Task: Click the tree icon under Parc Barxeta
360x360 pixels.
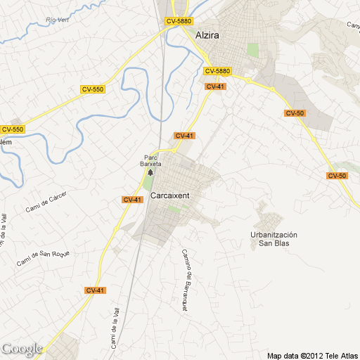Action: (x=149, y=172)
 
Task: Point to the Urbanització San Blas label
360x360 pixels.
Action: (x=274, y=239)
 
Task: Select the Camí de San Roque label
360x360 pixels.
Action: (x=44, y=258)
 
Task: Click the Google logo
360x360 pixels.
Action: (x=22, y=349)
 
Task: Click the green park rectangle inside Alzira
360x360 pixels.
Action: (x=252, y=50)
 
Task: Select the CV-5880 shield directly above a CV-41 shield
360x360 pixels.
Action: (x=218, y=71)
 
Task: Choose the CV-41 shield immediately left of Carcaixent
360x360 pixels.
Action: (x=132, y=200)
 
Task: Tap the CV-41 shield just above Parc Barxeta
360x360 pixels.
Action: (x=184, y=135)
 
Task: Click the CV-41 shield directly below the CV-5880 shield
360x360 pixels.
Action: (x=215, y=86)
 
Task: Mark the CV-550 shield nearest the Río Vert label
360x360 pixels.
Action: (x=93, y=89)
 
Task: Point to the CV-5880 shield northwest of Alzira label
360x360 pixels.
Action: (x=179, y=22)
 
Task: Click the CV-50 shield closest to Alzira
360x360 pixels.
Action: (x=295, y=113)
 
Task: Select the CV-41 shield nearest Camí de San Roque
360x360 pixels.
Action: (x=95, y=290)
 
